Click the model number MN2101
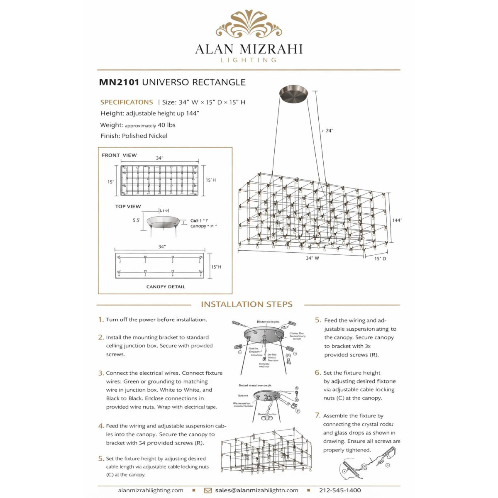click(119, 82)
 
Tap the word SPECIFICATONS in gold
click(127, 102)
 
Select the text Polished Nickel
click(144, 136)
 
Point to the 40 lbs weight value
click(166, 125)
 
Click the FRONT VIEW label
click(119, 155)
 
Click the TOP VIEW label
click(128, 206)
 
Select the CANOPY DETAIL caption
click(166, 287)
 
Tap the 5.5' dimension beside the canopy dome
click(137, 220)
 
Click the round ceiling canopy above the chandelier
click(293, 92)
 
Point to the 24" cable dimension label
click(329, 131)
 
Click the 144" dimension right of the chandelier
click(397, 220)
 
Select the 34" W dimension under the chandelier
click(312, 258)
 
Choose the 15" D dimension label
click(380, 259)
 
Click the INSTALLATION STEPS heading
click(247, 304)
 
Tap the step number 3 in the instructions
click(101, 373)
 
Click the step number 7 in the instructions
click(317, 415)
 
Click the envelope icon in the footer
click(208, 491)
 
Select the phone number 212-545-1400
click(340, 490)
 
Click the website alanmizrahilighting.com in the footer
click(151, 490)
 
